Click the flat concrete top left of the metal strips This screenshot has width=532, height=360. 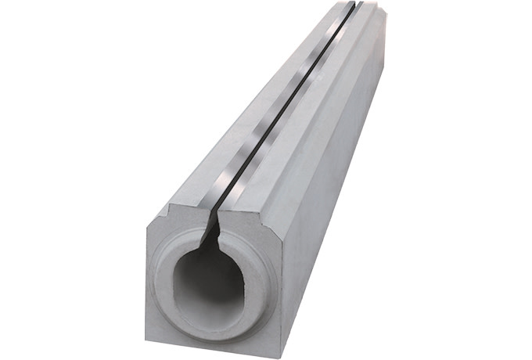coord(235,141)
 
